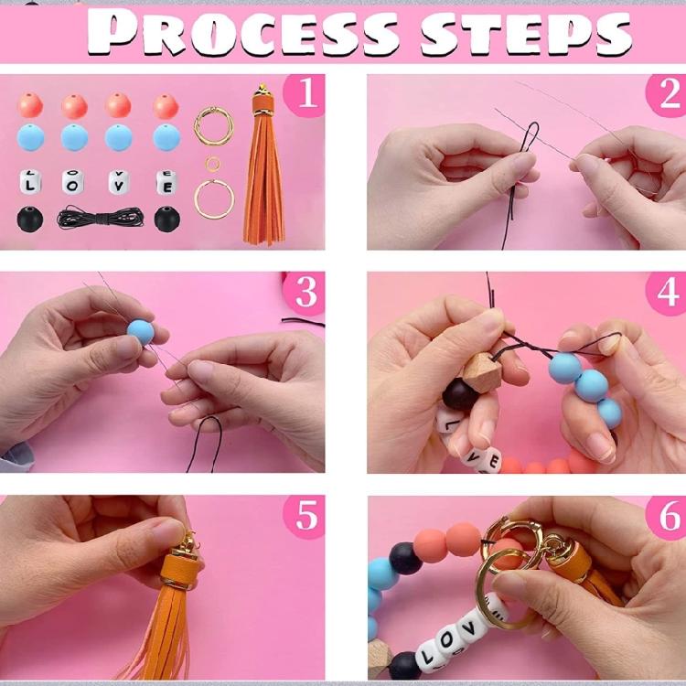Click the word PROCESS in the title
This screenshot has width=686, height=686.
point(242,33)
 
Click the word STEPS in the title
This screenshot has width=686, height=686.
point(526,33)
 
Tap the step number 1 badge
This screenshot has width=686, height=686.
point(305,93)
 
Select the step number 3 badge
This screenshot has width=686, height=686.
point(305,293)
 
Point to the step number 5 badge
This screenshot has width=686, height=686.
point(305,516)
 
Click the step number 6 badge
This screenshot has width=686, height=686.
point(667,517)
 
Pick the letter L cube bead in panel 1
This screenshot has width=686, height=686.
point(30,182)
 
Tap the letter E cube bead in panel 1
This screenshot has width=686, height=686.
point(167,182)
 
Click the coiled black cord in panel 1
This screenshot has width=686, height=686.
point(101,217)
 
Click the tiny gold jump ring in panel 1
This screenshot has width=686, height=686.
point(212,164)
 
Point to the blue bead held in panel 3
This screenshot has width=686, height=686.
point(141,332)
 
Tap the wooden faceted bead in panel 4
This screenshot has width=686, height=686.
point(482,373)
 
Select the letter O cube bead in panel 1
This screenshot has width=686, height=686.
point(72,182)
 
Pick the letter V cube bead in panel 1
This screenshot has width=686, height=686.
point(119,182)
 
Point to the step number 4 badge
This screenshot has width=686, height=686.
point(667,293)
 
